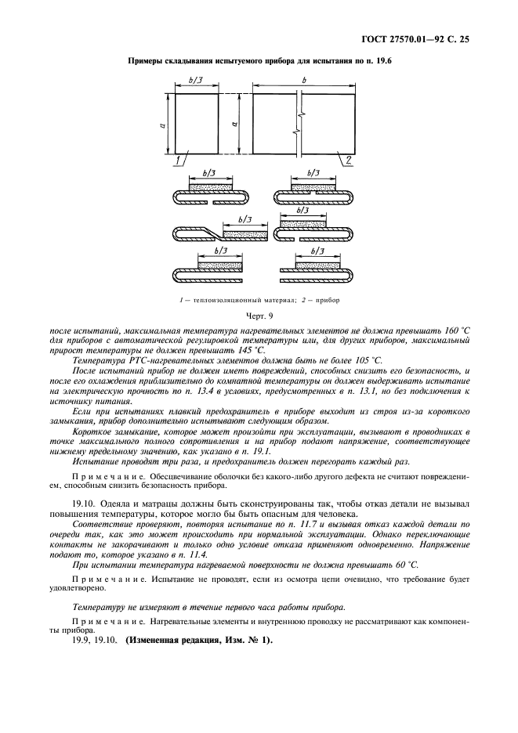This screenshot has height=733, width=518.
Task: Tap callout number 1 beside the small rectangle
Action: (x=179, y=160)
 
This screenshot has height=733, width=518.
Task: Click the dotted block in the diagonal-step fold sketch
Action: (x=245, y=233)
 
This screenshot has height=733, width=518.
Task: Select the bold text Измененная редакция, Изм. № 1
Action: (x=196, y=641)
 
